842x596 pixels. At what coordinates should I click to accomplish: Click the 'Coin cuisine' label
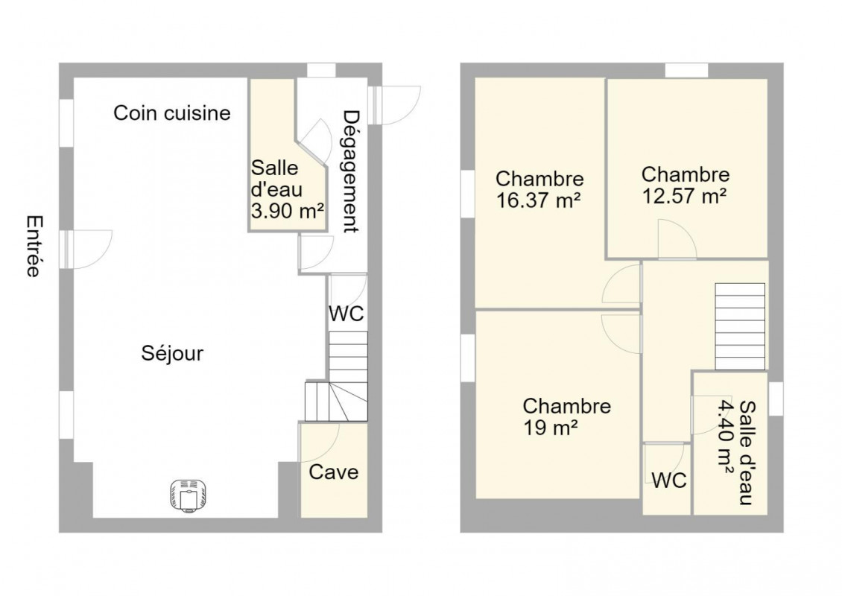tap(172, 113)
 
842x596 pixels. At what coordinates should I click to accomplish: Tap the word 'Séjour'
tap(172, 353)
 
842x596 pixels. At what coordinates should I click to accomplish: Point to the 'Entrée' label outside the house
tap(34, 247)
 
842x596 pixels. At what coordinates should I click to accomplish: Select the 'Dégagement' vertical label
tap(350, 172)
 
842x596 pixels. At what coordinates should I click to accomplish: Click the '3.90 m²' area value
tap(288, 211)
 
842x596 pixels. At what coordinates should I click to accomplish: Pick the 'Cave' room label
tap(334, 472)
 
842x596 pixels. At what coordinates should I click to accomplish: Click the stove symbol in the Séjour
tap(189, 495)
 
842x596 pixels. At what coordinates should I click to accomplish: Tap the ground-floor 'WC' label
tap(346, 314)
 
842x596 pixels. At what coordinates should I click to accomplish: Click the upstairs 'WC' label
tap(669, 481)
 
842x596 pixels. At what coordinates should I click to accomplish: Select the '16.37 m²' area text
tap(538, 201)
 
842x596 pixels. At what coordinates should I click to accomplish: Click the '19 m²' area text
tap(551, 428)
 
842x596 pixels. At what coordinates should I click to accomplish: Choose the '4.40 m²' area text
tap(725, 436)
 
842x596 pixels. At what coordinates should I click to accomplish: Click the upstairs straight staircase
tap(740, 326)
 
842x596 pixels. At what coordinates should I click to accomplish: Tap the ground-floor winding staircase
tap(337, 376)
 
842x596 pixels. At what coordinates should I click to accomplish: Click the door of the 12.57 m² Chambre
tap(677, 239)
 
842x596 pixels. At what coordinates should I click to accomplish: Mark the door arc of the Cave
tap(320, 442)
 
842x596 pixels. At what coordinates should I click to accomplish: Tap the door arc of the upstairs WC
tap(665, 463)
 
